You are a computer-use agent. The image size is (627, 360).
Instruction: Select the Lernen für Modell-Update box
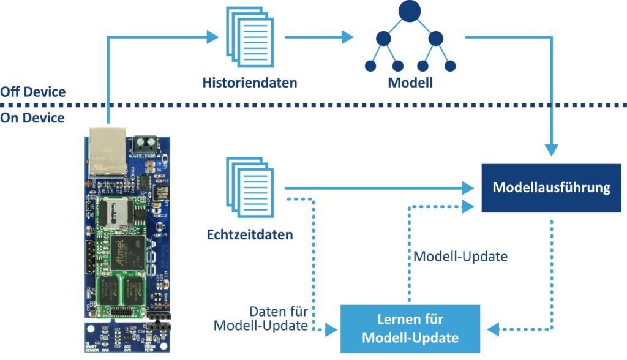pyautogui.click(x=410, y=328)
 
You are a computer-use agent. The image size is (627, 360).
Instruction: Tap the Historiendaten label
pyautogui.click(x=250, y=82)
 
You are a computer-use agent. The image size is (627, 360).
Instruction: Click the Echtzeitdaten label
pyautogui.click(x=250, y=234)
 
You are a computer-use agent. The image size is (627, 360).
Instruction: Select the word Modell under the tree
pyautogui.click(x=410, y=82)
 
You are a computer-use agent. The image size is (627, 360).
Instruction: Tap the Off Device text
pyautogui.click(x=32, y=92)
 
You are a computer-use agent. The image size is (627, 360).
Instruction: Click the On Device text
pyautogui.click(x=32, y=118)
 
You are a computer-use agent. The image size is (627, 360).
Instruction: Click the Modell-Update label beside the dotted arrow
pyautogui.click(x=460, y=256)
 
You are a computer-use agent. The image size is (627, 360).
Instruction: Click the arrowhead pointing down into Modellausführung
pyautogui.click(x=553, y=149)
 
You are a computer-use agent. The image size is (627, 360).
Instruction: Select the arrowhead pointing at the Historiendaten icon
pyautogui.click(x=212, y=37)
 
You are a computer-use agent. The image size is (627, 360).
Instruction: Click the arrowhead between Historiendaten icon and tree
pyautogui.click(x=347, y=37)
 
